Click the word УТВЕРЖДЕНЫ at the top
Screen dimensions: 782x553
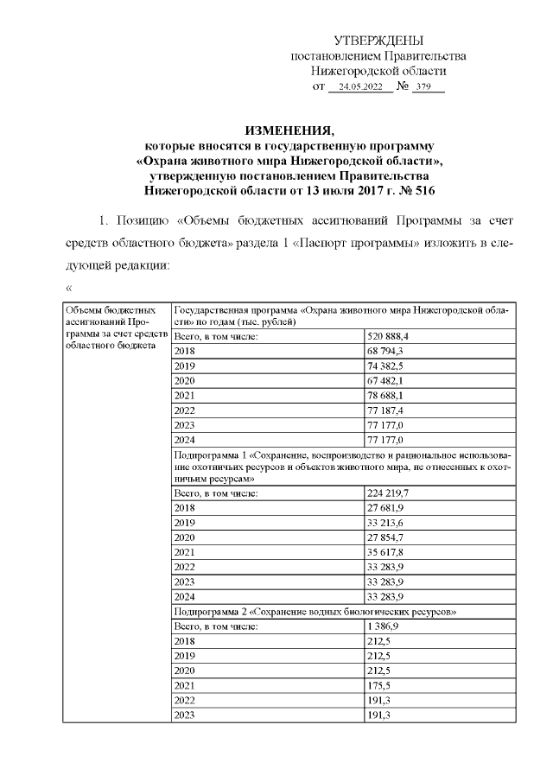[378, 41]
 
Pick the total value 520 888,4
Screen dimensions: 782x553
[388, 336]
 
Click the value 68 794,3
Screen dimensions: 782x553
[386, 352]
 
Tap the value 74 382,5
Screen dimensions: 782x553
[386, 366]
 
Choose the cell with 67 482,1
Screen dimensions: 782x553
[386, 381]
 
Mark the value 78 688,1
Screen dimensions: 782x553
[386, 396]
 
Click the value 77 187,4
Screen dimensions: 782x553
[386, 410]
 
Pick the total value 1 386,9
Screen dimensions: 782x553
[384, 626]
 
